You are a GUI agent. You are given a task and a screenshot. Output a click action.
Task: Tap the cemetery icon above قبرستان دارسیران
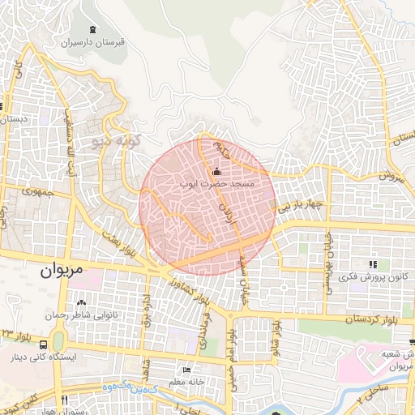point(98,29)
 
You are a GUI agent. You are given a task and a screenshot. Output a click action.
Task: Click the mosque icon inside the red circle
point(216,172)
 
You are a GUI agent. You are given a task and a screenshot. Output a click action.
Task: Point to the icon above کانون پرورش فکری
point(372,265)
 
